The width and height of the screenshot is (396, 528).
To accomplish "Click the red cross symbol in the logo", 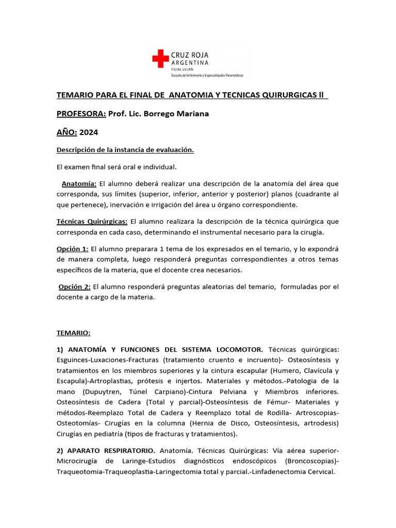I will pos(160,58).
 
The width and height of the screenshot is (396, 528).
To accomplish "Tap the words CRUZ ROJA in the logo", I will pos(190,54).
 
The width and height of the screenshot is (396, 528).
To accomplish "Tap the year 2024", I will pos(89,132).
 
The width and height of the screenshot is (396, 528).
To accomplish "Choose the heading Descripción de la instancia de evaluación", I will pos(125,150).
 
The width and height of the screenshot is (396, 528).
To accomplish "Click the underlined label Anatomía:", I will pos(79,184).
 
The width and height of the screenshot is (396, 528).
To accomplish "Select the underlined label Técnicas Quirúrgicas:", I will pos(92,221).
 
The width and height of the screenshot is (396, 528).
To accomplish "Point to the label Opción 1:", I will pos(73,249).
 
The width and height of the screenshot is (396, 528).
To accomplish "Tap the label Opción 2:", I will pos(75,287).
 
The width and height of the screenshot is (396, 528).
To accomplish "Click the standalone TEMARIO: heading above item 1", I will pos(73,333).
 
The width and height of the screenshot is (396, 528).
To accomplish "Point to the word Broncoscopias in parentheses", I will pos(310,461).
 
